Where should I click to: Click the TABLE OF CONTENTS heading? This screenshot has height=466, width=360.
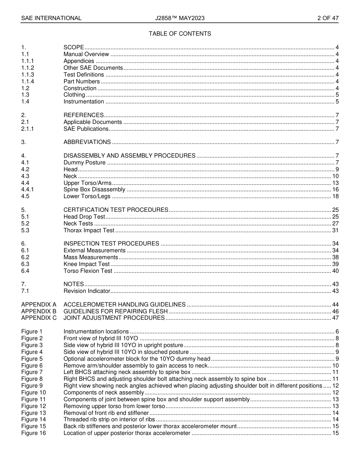point(180,34)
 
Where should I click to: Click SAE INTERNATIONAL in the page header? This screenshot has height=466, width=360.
point(51,18)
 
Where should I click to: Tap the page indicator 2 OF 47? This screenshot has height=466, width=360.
point(328,18)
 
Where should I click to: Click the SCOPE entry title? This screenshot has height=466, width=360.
point(74,47)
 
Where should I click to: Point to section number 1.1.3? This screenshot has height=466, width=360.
point(28,75)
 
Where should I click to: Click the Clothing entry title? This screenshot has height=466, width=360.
point(74,95)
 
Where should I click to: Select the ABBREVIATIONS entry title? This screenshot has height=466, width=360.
point(87,142)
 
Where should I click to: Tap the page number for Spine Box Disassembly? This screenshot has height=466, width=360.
point(335,189)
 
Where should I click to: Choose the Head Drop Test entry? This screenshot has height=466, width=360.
point(84,217)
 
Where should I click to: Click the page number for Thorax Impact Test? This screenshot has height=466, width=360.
point(335,230)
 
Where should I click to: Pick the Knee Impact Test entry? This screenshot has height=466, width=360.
point(86,264)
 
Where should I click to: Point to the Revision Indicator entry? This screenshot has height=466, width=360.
point(87,291)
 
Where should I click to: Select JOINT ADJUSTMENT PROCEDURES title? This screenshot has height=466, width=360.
point(114,318)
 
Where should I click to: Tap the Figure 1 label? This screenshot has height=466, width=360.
point(32,332)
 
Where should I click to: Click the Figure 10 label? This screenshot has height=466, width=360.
point(33,393)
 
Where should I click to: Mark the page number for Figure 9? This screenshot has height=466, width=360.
point(335,386)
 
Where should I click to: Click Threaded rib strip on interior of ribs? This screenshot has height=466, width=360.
point(109,419)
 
